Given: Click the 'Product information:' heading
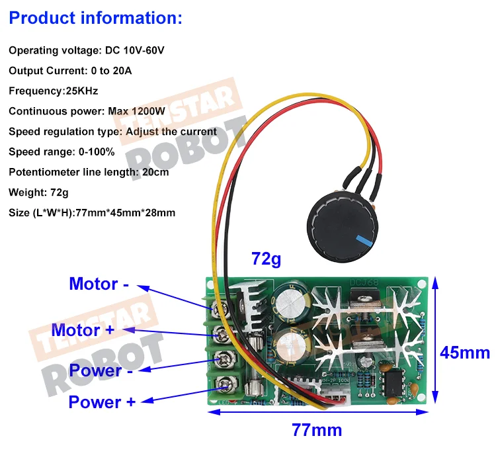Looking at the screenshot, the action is [95, 18].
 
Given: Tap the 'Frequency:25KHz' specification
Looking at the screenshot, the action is [53, 91].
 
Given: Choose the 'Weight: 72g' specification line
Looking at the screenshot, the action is [38, 193].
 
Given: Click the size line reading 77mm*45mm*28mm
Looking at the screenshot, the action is [92, 212].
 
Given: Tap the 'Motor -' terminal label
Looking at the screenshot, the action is [99, 284].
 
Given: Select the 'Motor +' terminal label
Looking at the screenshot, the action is [87, 329].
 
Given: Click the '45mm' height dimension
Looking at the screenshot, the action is [465, 352].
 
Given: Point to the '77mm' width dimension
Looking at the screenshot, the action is [317, 430].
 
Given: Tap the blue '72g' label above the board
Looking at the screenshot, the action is [267, 259].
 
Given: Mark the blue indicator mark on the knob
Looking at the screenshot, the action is [361, 240].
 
